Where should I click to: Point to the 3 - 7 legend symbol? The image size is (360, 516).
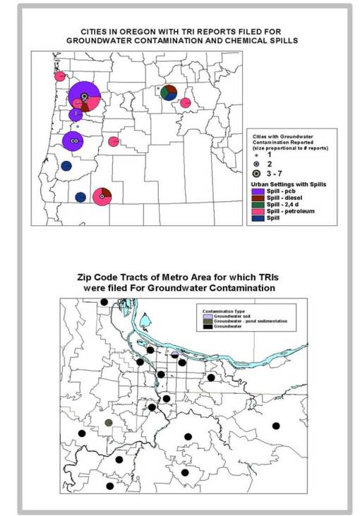coord(258,173)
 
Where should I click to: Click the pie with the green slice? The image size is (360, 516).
coord(168,92)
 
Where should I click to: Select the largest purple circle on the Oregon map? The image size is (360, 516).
coord(84,97)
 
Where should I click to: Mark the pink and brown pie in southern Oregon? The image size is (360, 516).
coord(102,196)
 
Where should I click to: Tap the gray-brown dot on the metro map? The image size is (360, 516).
coord(109,423)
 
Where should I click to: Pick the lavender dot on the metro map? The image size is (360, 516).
coord(174,354)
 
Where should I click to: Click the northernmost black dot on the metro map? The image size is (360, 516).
coord(104,302)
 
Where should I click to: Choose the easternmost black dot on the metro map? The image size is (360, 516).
coord(276,426)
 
